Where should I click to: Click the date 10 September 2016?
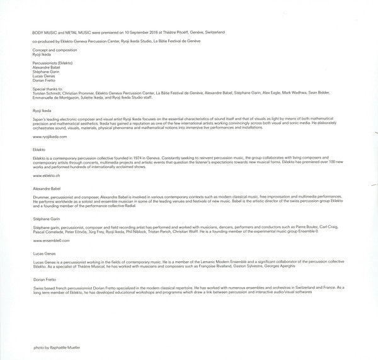pyautogui.click(x=139, y=31)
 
